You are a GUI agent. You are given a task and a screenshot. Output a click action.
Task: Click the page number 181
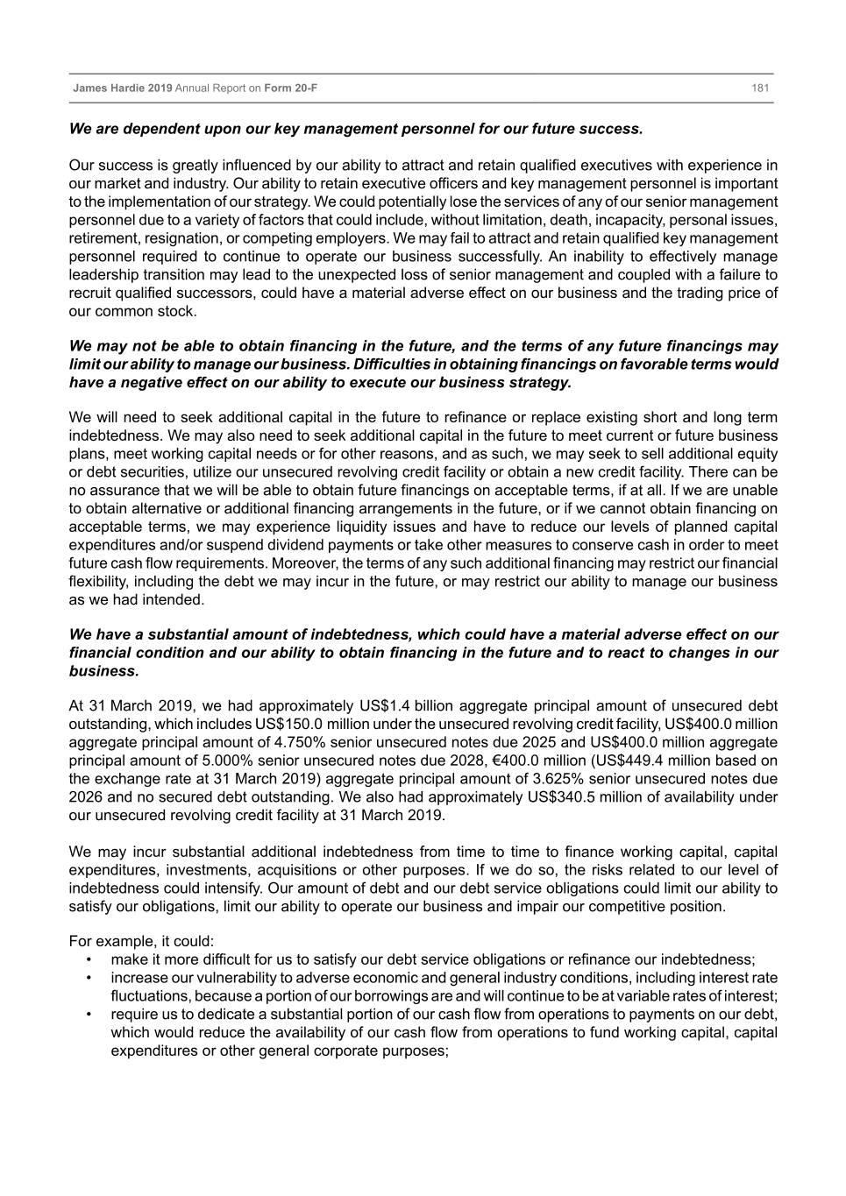(x=760, y=88)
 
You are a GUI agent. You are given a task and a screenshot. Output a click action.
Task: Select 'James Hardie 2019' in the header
(x=123, y=88)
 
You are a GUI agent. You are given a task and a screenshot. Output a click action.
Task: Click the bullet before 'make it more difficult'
(x=89, y=960)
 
